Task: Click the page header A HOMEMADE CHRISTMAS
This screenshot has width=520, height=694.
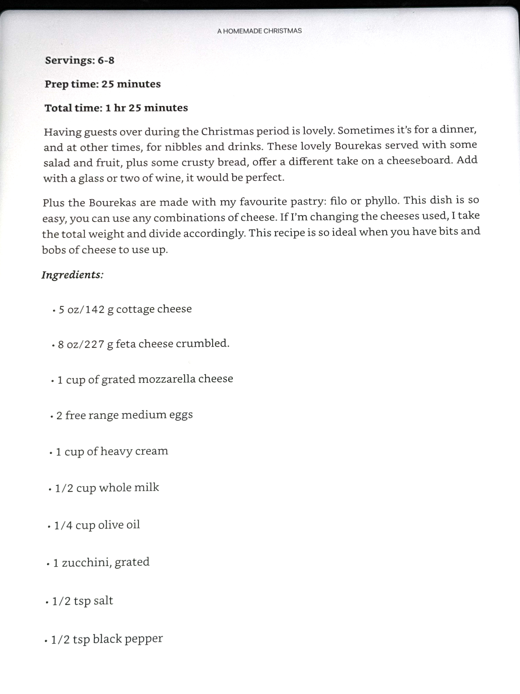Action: [259, 31]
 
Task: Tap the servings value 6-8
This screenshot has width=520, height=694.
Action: [106, 60]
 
